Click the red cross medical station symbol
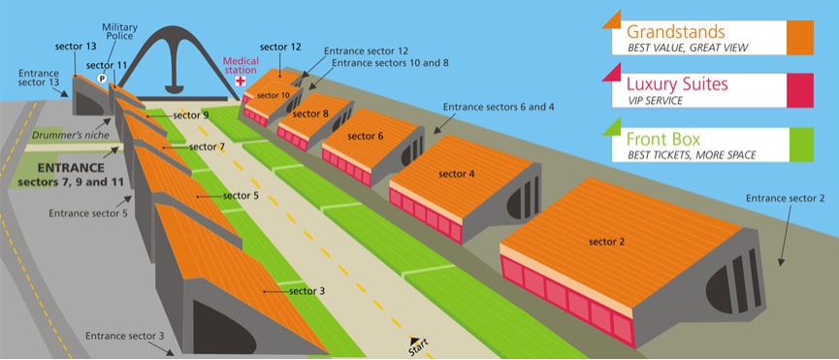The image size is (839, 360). tap(241, 81)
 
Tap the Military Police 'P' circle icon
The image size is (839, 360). tap(102, 78)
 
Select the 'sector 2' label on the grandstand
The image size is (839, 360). tap(607, 242)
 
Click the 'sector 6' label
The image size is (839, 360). tap(366, 136)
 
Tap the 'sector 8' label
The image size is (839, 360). tap(310, 114)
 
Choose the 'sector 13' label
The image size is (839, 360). tap(76, 46)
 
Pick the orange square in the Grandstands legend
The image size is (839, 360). tap(800, 38)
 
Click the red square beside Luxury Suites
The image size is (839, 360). tap(800, 90)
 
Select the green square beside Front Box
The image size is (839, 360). tap(800, 145)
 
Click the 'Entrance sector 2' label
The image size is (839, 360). tap(786, 199)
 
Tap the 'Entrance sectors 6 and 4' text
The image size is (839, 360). tap(499, 107)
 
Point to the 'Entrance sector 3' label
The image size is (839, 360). tap(125, 336)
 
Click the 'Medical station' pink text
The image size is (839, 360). tap(241, 65)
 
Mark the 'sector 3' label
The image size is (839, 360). tap(307, 291)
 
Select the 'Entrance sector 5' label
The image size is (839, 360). tap(88, 213)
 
